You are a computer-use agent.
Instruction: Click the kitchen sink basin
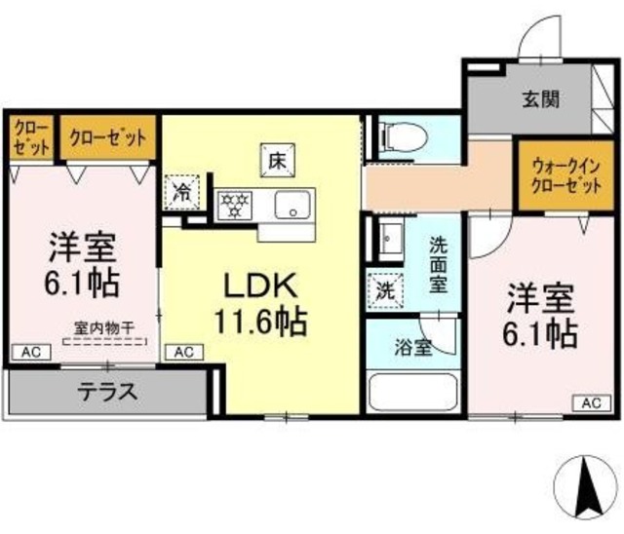point(292,207)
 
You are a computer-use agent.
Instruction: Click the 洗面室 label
point(440,265)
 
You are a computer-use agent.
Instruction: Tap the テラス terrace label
point(107,393)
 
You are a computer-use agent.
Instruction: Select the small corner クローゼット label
point(33,139)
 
